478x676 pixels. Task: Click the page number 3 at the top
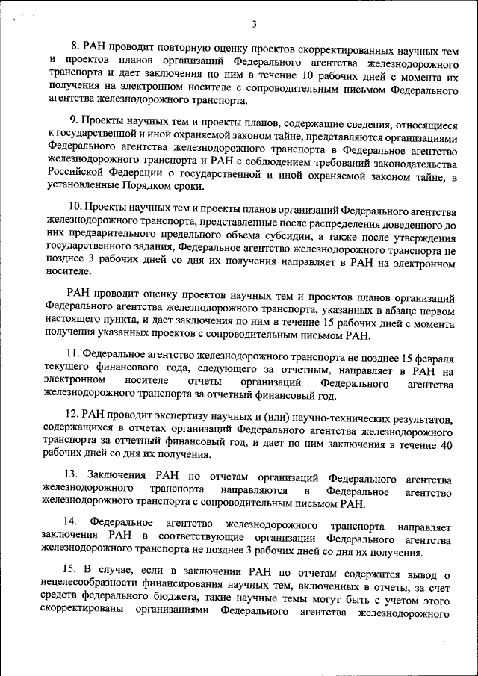point(254,24)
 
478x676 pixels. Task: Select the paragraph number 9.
point(73,120)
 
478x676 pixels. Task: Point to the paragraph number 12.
point(72,413)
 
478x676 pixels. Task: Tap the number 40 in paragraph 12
point(446,444)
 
